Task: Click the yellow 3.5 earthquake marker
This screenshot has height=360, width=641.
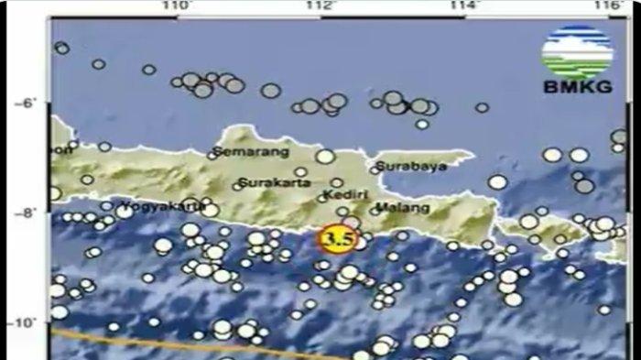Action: (x=337, y=240)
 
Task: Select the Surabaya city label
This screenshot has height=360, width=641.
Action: (x=411, y=167)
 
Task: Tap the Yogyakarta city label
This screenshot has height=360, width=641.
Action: (x=155, y=205)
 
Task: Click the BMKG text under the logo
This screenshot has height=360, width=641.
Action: (x=576, y=89)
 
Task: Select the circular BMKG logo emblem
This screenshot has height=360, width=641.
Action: (x=577, y=53)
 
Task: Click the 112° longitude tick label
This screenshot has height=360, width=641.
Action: (x=320, y=6)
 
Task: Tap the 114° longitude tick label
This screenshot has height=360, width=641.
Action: (x=464, y=6)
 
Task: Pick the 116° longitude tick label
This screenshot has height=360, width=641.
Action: (x=607, y=6)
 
